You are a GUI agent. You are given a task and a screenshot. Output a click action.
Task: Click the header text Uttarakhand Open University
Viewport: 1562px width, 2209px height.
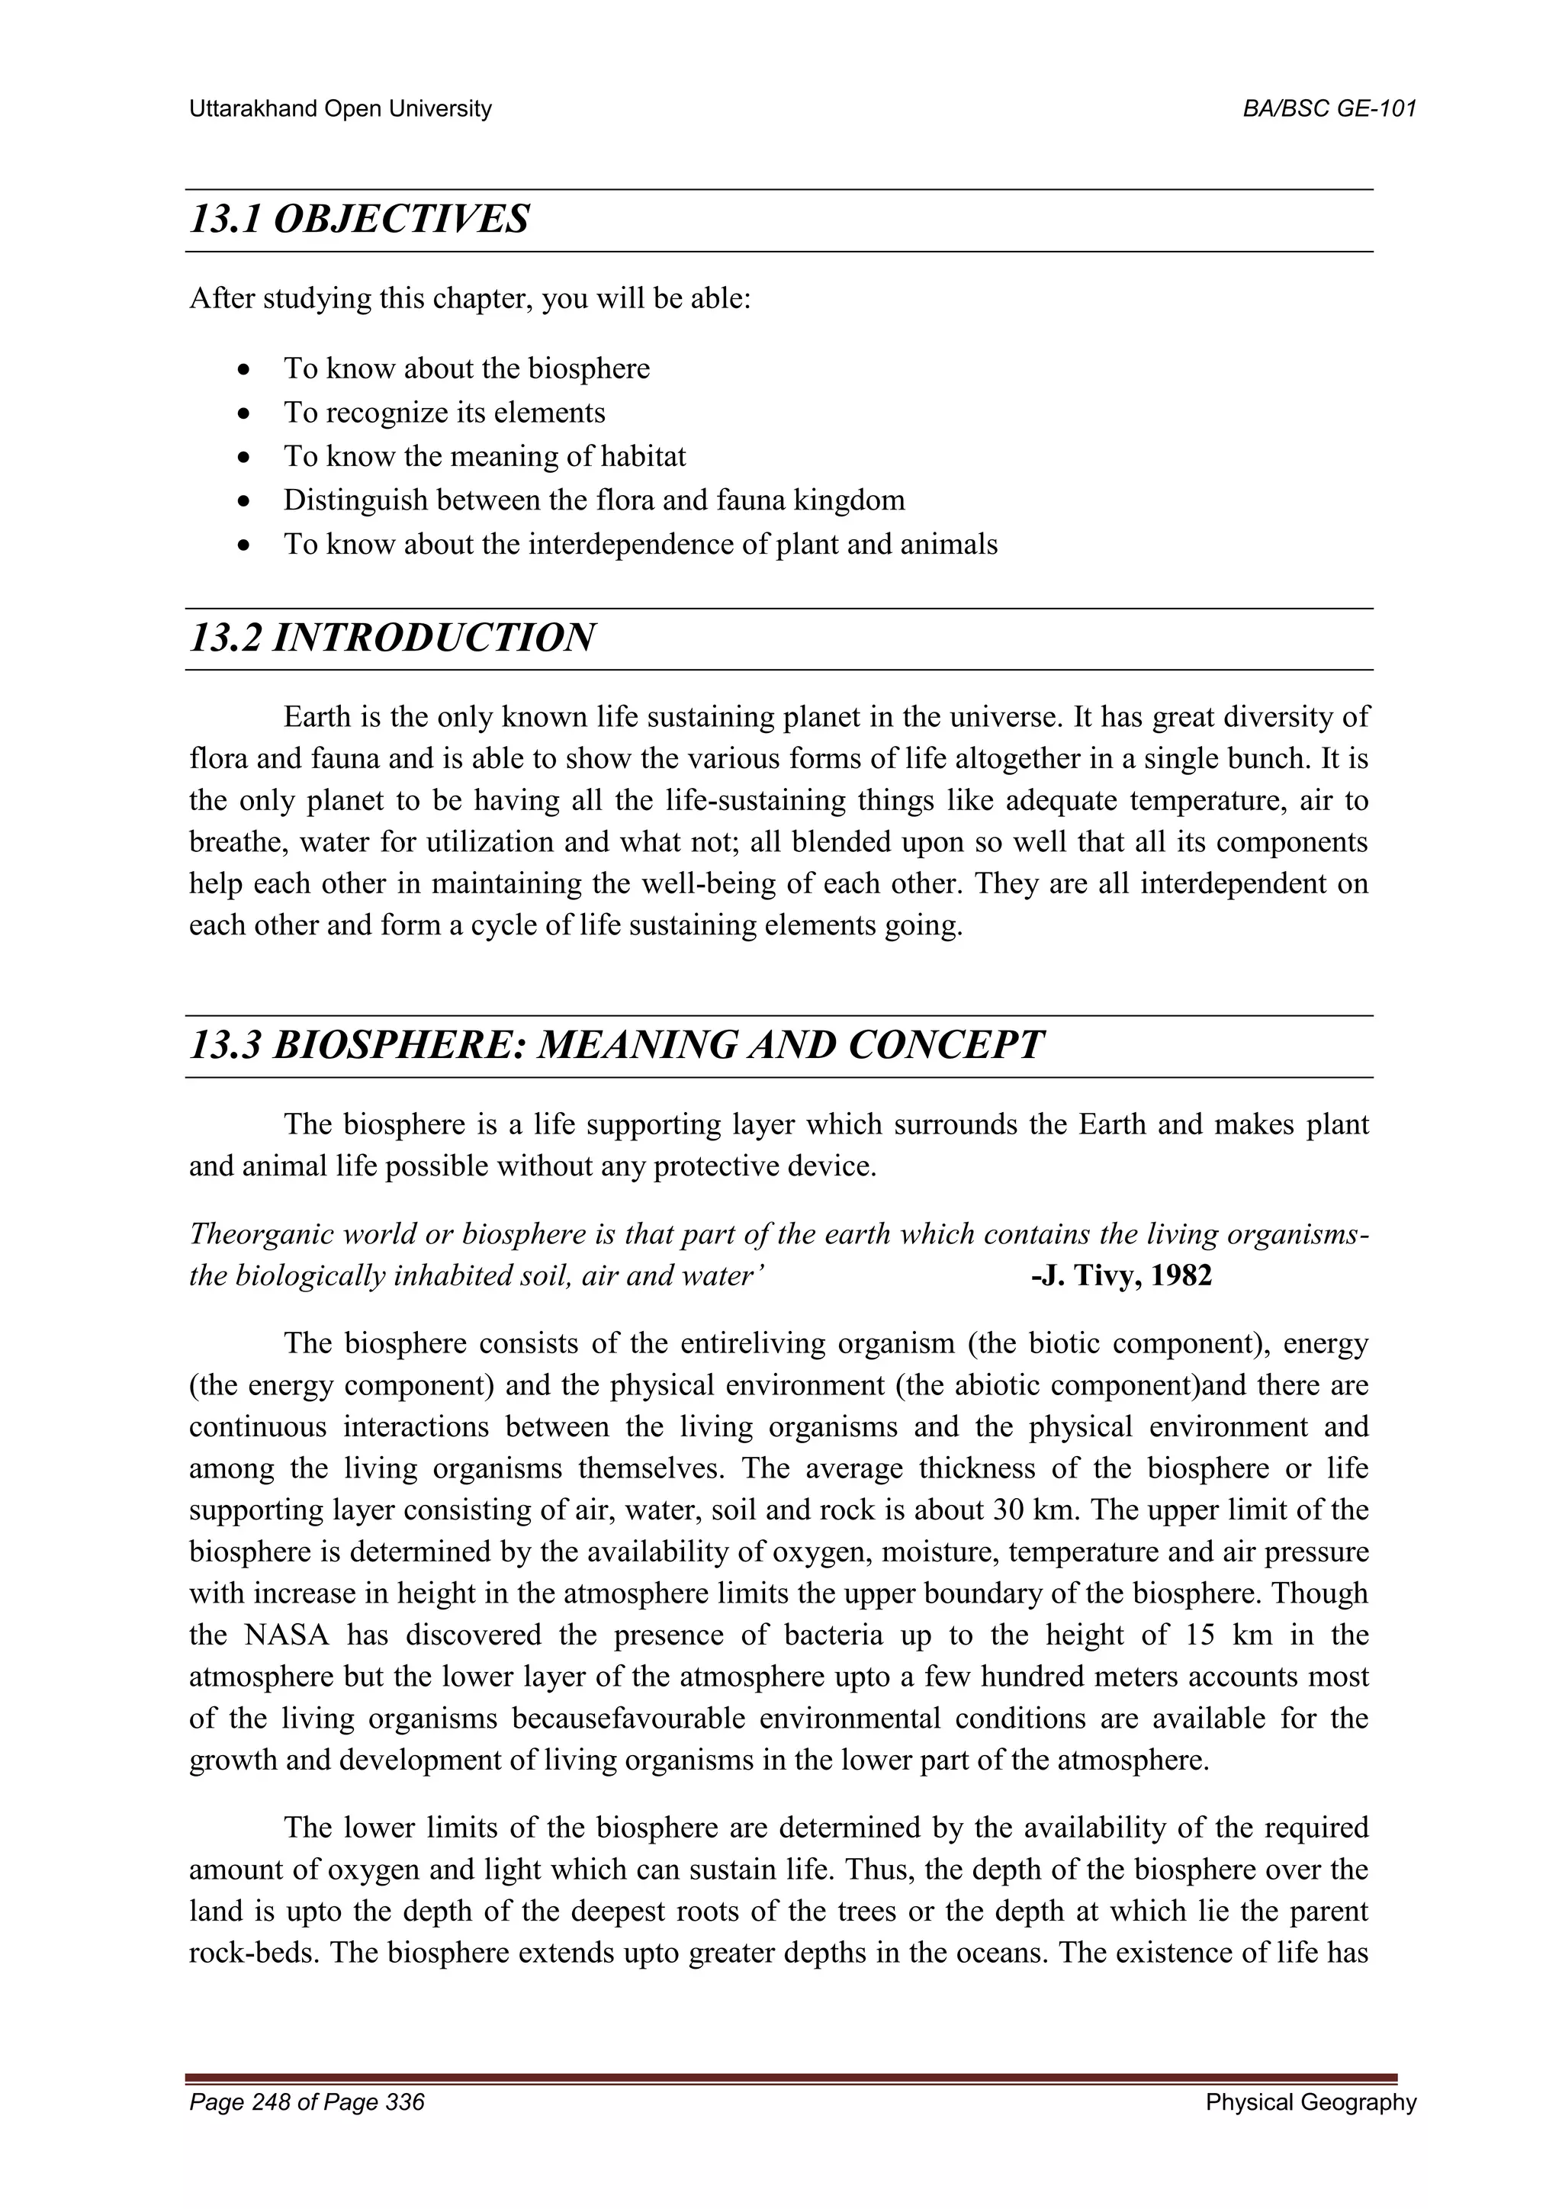click(x=339, y=109)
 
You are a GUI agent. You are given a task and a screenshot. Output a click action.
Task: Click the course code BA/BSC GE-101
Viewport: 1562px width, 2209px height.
click(x=1329, y=109)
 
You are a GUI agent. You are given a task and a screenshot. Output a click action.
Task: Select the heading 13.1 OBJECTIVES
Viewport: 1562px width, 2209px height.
click(x=358, y=220)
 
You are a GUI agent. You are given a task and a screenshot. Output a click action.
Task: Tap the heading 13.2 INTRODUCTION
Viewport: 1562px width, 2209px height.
click(x=391, y=638)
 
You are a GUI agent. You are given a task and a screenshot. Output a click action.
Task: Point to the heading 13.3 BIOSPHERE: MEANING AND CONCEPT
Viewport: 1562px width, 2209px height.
click(x=615, y=1045)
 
